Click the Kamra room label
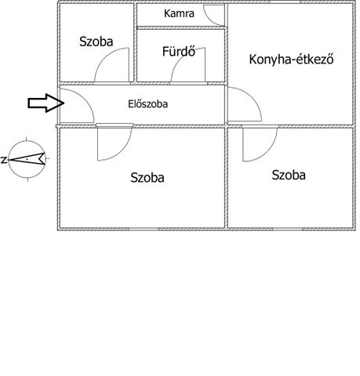(179, 13)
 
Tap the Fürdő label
(179, 51)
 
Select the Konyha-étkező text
(291, 60)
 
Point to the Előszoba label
(148, 104)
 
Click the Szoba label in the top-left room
(96, 42)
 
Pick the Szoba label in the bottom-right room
(289, 175)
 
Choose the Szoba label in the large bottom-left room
(147, 178)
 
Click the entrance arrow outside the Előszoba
(46, 103)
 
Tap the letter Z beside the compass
(3, 160)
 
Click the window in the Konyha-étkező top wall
(285, 2)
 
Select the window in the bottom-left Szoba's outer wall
(144, 230)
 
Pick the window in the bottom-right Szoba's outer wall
(288, 230)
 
